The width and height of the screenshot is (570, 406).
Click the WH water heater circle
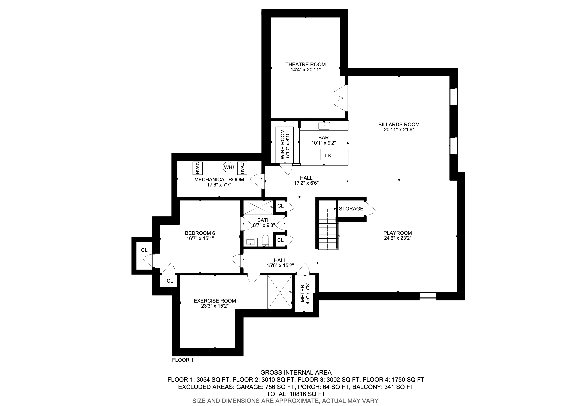[x=228, y=167]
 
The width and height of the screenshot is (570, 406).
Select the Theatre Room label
[x=306, y=64]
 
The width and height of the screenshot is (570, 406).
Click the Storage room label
[x=351, y=209]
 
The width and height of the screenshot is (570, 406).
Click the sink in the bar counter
[x=324, y=126]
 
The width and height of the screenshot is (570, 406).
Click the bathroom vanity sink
[x=250, y=242]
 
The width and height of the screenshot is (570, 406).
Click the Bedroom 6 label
[x=200, y=233]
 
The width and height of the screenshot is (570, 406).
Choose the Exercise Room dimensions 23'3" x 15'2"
[x=215, y=306]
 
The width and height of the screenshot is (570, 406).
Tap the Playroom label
[x=398, y=233]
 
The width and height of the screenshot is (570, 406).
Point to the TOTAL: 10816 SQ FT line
[x=296, y=394]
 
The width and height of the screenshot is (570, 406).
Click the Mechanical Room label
[x=219, y=180]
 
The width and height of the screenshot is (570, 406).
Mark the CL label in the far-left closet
[x=144, y=250]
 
